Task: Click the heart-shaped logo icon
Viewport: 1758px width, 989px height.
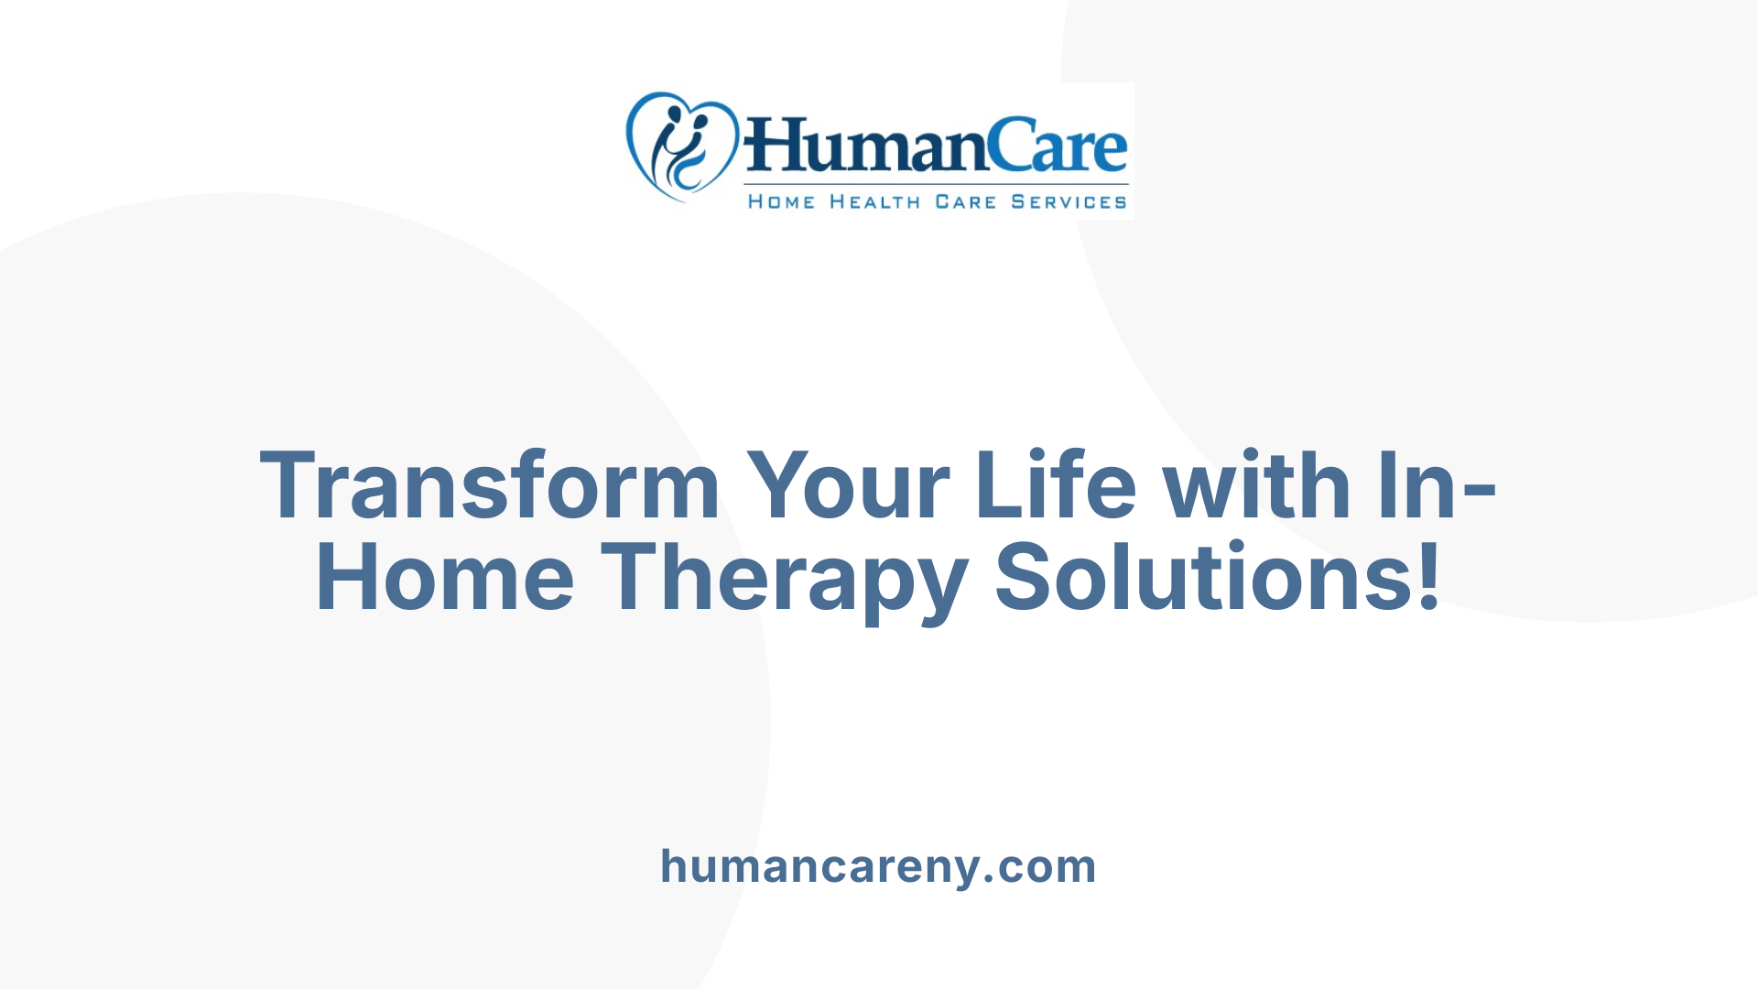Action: point(681,147)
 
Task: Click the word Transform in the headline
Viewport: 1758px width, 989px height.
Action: point(490,486)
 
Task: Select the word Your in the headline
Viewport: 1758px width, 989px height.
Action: point(847,486)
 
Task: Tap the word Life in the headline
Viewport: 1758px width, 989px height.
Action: point(1055,486)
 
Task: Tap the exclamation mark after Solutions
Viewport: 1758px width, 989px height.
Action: point(1427,576)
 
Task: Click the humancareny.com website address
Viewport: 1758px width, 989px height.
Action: point(878,866)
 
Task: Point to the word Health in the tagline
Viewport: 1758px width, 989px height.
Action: point(874,202)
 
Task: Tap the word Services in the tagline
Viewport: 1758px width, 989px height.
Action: point(1069,202)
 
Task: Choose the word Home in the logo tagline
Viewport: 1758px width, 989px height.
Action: point(781,202)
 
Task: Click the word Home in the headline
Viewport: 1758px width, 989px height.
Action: point(445,578)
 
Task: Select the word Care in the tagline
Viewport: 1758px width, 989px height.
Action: point(965,202)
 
